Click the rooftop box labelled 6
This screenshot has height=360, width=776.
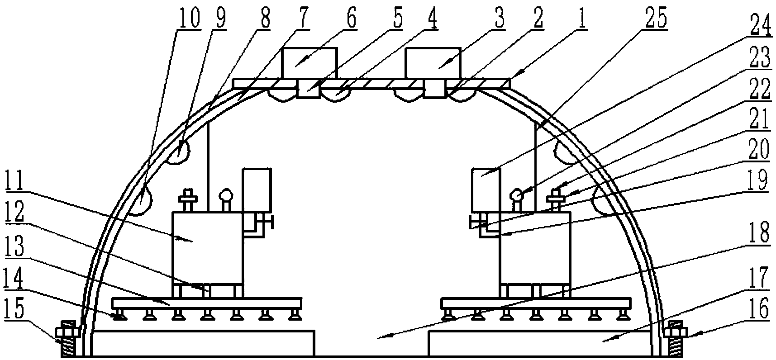(309, 63)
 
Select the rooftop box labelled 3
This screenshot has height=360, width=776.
(433, 63)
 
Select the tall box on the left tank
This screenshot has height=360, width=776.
(257, 190)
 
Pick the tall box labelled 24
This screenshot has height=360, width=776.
(486, 190)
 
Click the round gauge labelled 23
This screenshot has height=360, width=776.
(516, 195)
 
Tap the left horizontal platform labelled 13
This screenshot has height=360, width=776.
(206, 302)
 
